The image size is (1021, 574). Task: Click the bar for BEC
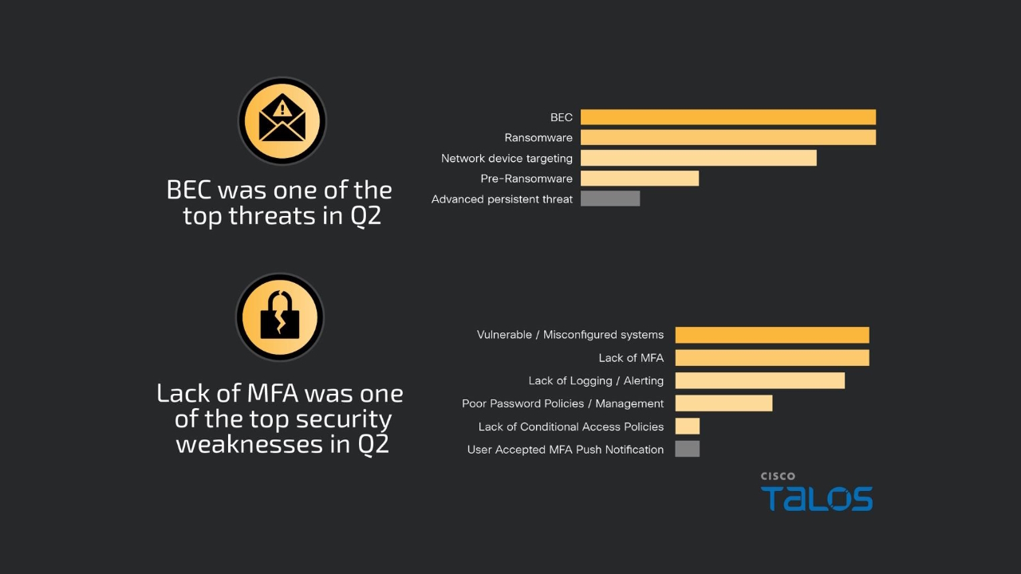click(727, 117)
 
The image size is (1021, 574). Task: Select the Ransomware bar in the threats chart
click(727, 137)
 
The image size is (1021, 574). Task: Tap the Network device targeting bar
click(698, 158)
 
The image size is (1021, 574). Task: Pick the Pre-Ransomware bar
click(639, 179)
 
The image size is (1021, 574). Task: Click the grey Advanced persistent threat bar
click(609, 199)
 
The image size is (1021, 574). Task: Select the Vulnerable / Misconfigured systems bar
click(771, 335)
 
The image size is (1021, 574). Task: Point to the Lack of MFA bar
click(771, 357)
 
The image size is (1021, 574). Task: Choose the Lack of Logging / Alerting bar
click(759, 380)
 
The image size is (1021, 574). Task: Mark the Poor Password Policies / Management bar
click(723, 403)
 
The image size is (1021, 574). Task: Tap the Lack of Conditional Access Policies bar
click(687, 427)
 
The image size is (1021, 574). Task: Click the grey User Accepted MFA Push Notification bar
click(687, 449)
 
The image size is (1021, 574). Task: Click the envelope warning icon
click(282, 121)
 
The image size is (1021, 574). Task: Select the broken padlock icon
click(279, 316)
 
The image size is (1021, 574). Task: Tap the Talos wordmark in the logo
click(816, 498)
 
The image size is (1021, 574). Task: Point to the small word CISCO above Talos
click(777, 476)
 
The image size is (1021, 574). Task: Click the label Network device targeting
click(507, 159)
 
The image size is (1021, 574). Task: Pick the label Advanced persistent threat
click(502, 199)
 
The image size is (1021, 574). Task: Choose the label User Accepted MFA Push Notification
click(565, 450)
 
